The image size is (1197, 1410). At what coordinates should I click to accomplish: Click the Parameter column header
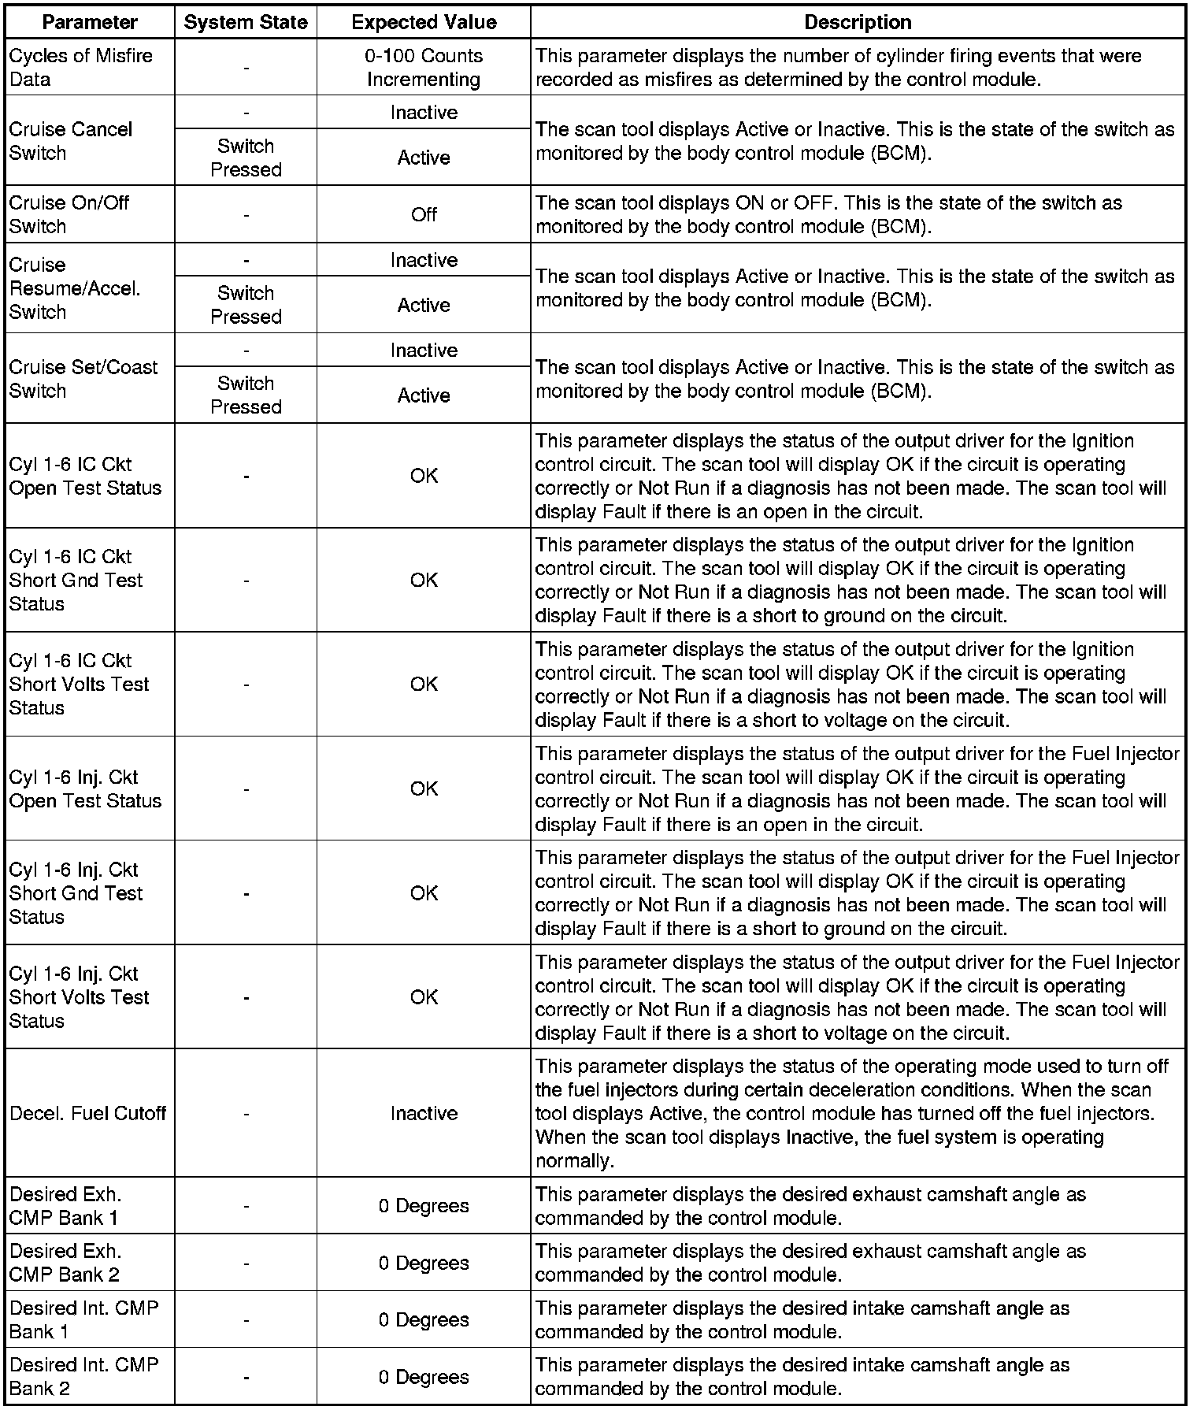(90, 22)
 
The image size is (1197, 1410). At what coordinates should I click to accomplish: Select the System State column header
(246, 22)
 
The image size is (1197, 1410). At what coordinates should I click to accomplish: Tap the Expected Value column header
(424, 22)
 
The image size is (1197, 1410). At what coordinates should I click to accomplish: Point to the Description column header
(858, 22)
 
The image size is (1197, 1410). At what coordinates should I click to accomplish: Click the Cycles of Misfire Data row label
(80, 68)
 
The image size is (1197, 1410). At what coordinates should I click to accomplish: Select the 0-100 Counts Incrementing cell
(424, 68)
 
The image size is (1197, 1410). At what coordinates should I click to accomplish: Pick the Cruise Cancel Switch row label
(71, 141)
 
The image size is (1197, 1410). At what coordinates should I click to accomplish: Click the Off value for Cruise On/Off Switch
(424, 214)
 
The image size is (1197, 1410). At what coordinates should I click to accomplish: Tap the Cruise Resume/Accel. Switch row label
(75, 288)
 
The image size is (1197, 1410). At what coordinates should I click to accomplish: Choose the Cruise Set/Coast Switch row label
(83, 379)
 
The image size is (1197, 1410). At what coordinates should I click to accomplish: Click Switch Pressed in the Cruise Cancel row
(246, 158)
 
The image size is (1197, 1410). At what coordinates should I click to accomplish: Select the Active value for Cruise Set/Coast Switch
(424, 395)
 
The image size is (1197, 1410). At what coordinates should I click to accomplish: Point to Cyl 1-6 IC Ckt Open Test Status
(85, 476)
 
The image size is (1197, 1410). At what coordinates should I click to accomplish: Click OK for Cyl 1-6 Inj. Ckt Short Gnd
(424, 892)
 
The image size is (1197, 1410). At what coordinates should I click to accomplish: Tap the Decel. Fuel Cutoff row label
(88, 1113)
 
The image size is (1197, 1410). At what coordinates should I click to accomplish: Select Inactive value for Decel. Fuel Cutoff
(424, 1113)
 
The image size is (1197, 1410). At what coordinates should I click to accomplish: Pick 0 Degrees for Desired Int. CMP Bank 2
(424, 1377)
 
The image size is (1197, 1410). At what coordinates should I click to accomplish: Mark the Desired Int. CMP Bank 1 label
(83, 1319)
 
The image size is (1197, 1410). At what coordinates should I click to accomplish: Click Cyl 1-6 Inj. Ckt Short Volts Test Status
(79, 997)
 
